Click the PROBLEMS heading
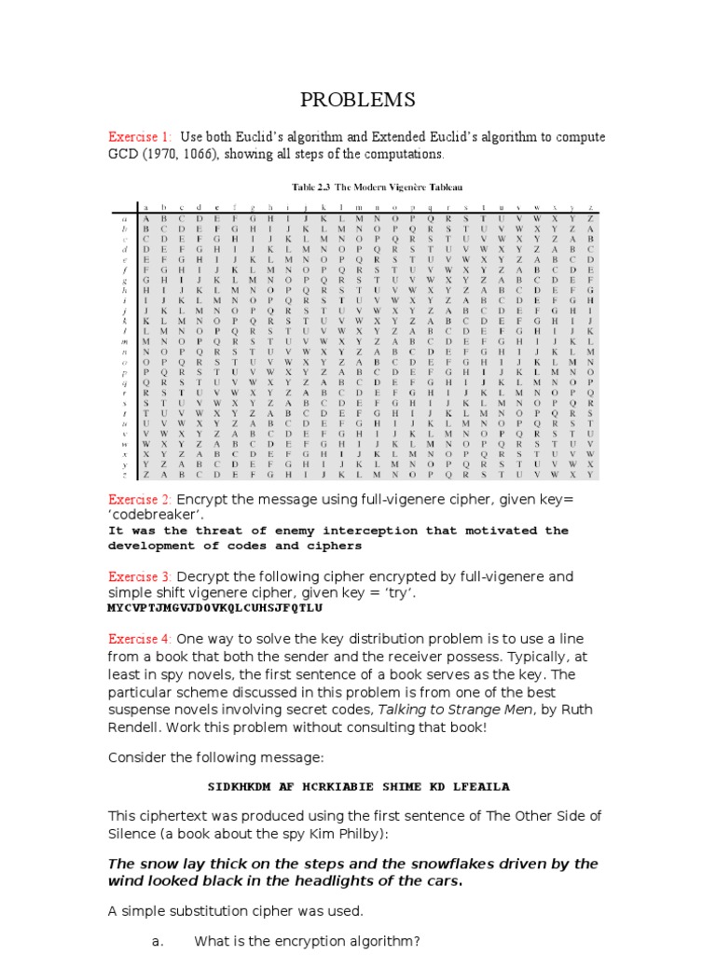pyautogui.click(x=357, y=100)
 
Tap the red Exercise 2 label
pyautogui.click(x=140, y=500)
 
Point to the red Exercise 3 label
pyautogui.click(x=140, y=576)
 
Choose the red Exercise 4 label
pyautogui.click(x=140, y=639)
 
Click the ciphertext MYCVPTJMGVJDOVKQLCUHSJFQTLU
pyautogui.click(x=215, y=607)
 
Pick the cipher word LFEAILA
pyautogui.click(x=477, y=786)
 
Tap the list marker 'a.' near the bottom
pyautogui.click(x=158, y=942)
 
